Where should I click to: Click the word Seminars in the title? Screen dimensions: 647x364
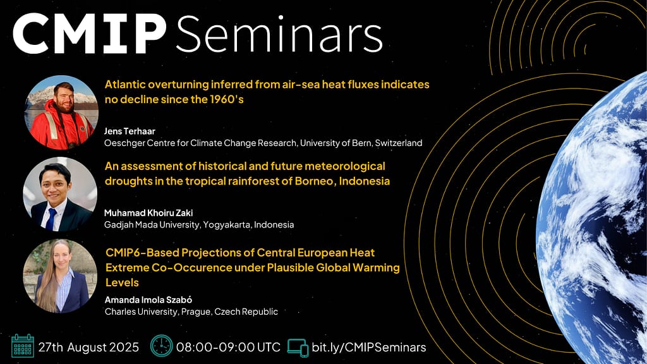[x=279, y=34]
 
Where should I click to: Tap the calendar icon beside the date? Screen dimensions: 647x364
[x=23, y=346]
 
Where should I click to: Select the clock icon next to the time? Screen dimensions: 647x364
[x=161, y=346]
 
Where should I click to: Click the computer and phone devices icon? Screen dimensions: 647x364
[x=298, y=348]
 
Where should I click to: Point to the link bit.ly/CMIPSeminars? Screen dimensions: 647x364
[x=369, y=347]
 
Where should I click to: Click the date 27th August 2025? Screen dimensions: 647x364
[x=88, y=347]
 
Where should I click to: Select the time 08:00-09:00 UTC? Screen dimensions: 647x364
[x=228, y=347]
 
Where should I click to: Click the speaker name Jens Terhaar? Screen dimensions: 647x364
[x=130, y=131]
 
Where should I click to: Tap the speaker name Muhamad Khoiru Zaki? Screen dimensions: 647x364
[x=148, y=213]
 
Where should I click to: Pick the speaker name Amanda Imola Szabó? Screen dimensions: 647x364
[x=148, y=300]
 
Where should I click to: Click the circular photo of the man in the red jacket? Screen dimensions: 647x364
[x=61, y=112]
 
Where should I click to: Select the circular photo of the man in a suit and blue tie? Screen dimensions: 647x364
[x=60, y=194]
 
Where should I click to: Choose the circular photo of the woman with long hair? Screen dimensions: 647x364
[x=60, y=276]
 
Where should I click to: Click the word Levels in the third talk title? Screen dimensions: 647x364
[x=122, y=282]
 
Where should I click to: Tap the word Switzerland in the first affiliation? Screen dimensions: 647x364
[x=399, y=143]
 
